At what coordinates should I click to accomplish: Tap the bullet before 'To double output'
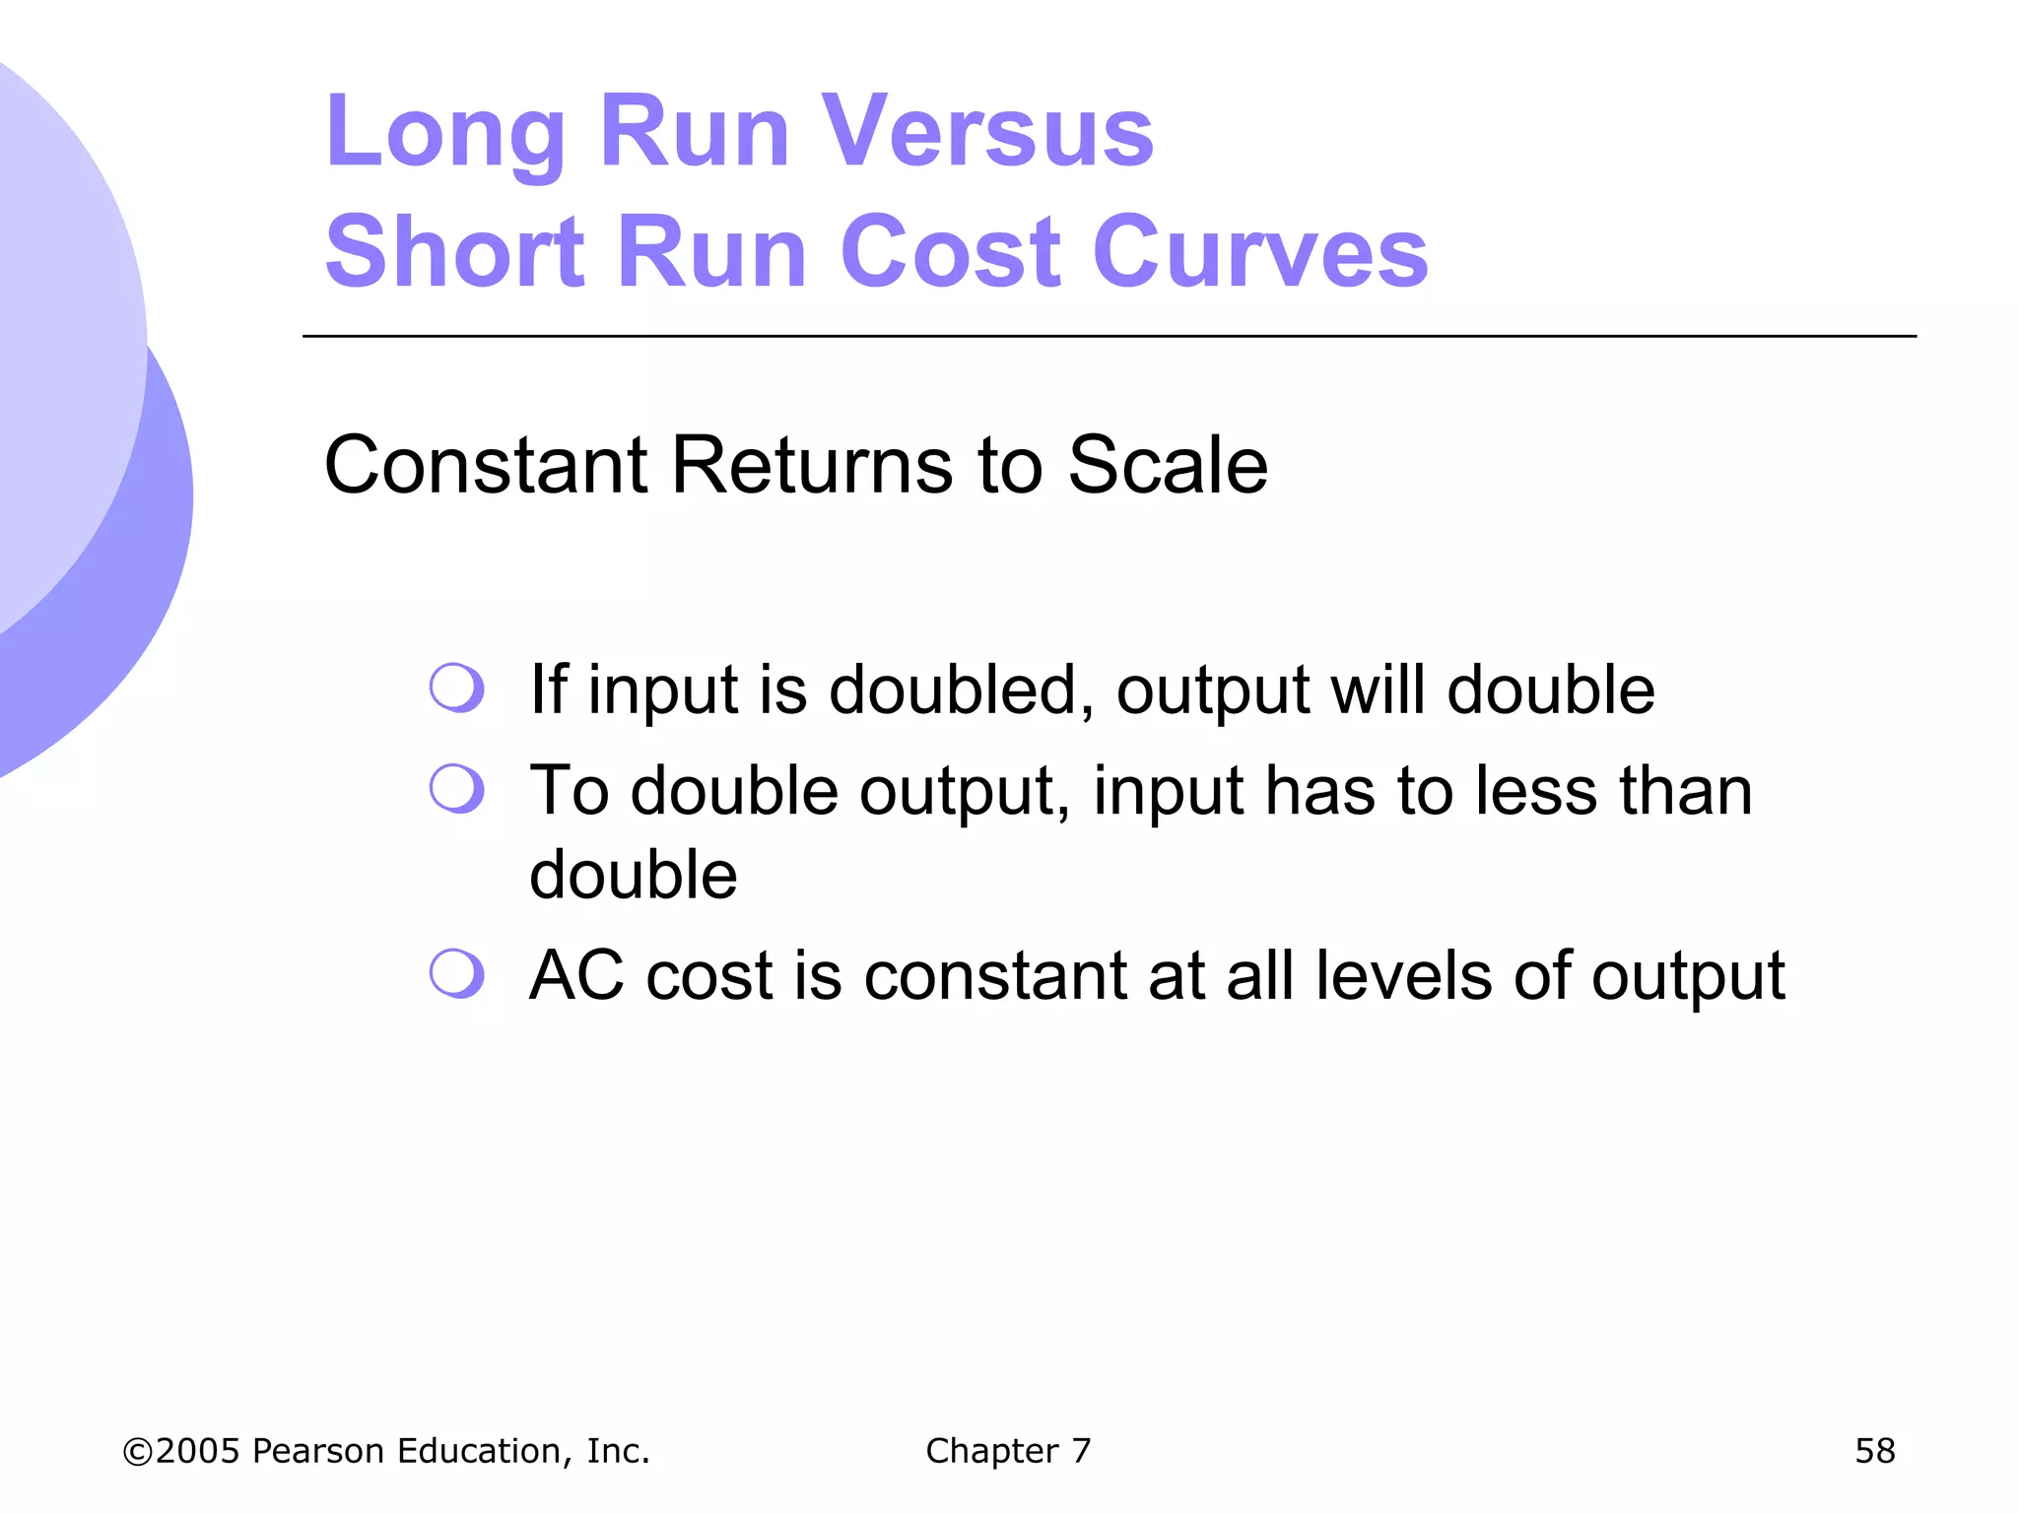[x=456, y=788]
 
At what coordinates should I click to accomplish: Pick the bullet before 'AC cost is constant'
[x=456, y=973]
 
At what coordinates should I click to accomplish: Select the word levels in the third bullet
[x=1403, y=975]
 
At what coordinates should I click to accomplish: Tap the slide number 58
[x=1874, y=1451]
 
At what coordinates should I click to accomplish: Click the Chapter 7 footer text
[x=1008, y=1451]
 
